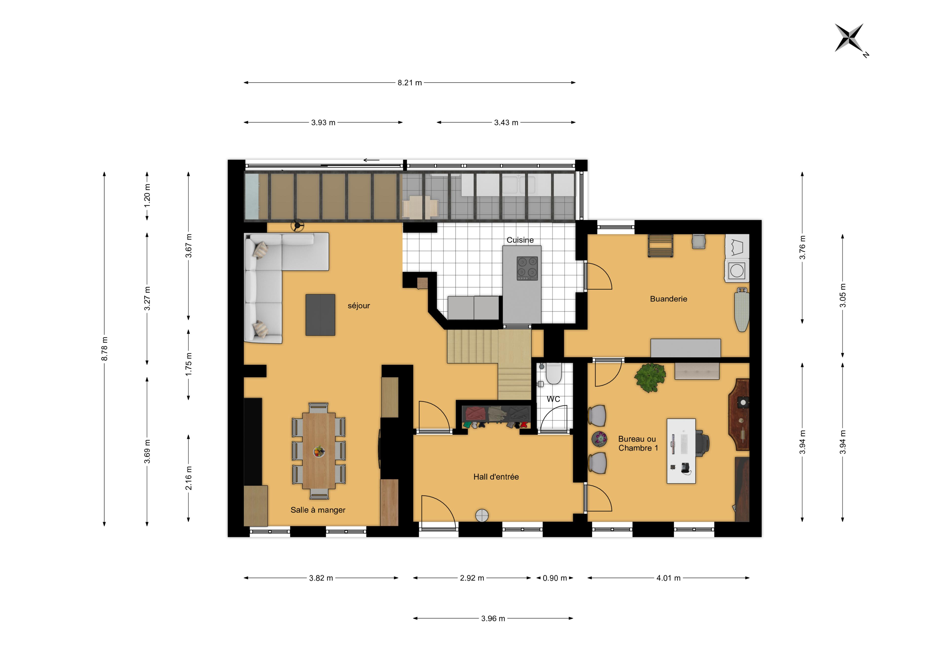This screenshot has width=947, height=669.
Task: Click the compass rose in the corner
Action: (850, 38)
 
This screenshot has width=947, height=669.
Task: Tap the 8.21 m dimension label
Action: (410, 83)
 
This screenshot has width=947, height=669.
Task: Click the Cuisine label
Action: (520, 240)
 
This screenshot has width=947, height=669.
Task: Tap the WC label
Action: (553, 399)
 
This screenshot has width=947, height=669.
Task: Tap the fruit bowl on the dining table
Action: (319, 451)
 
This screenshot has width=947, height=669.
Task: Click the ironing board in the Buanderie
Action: (742, 309)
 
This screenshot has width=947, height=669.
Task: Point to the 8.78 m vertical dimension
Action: (104, 349)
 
